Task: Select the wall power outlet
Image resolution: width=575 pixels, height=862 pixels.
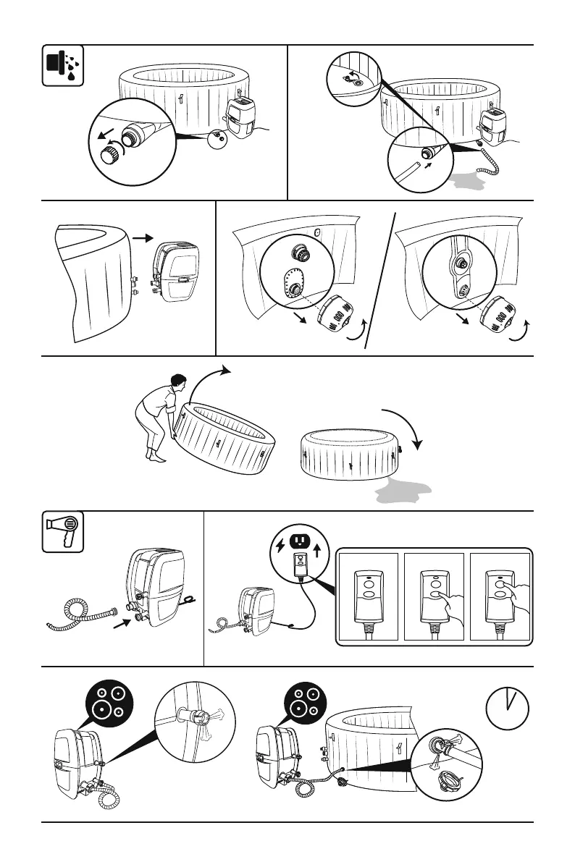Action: click(x=298, y=542)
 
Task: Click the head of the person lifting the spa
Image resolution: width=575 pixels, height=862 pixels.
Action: click(x=178, y=382)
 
